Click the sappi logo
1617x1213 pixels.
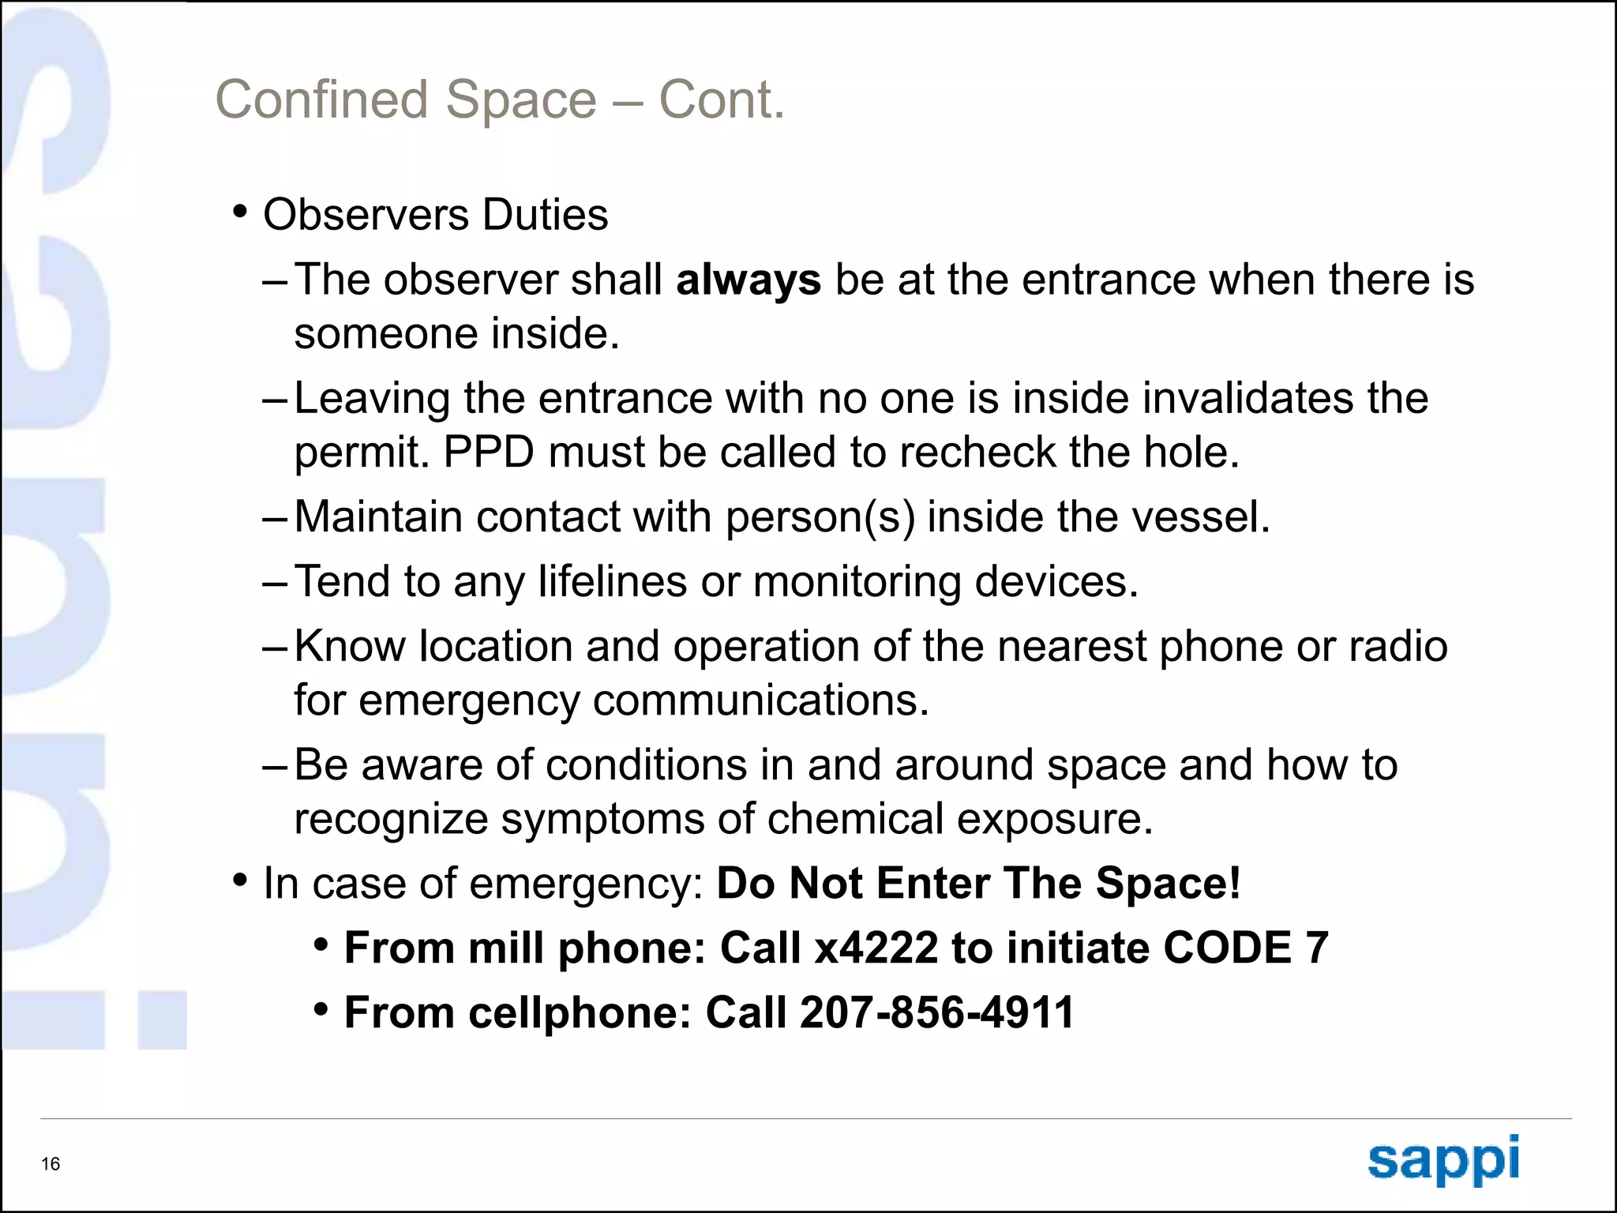pyautogui.click(x=1443, y=1159)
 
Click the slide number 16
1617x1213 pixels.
pyautogui.click(x=51, y=1164)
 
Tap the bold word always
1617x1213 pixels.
pyautogui.click(x=748, y=280)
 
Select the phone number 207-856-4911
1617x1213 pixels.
pyautogui.click(x=937, y=1012)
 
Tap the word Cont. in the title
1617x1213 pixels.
pyautogui.click(x=722, y=100)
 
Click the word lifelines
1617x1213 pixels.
pyautogui.click(x=613, y=582)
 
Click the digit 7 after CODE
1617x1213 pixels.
pyautogui.click(x=1316, y=948)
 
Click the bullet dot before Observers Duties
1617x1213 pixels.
pyautogui.click(x=241, y=212)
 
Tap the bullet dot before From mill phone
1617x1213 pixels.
pyautogui.click(x=321, y=944)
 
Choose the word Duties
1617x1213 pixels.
pyautogui.click(x=546, y=215)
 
